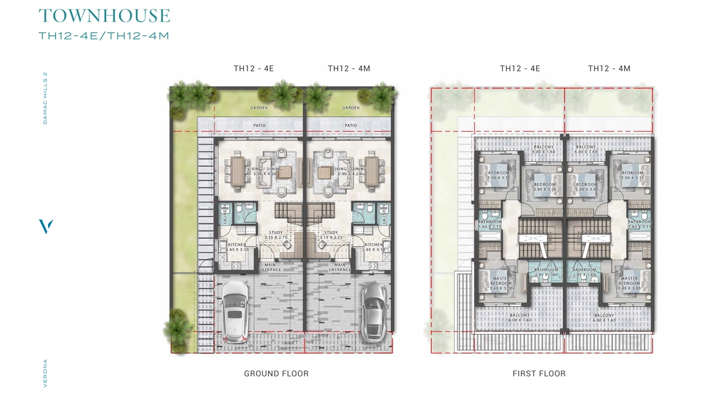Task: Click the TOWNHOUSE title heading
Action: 104,16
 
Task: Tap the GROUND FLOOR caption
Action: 276,373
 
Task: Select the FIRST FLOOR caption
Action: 539,373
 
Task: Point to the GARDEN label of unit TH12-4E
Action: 259,108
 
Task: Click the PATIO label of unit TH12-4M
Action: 350,125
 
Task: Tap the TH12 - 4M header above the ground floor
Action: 349,68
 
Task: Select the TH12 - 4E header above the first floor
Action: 520,68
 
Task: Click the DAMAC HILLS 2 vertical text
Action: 45,98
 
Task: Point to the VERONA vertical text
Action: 45,372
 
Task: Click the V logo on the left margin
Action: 46,227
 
